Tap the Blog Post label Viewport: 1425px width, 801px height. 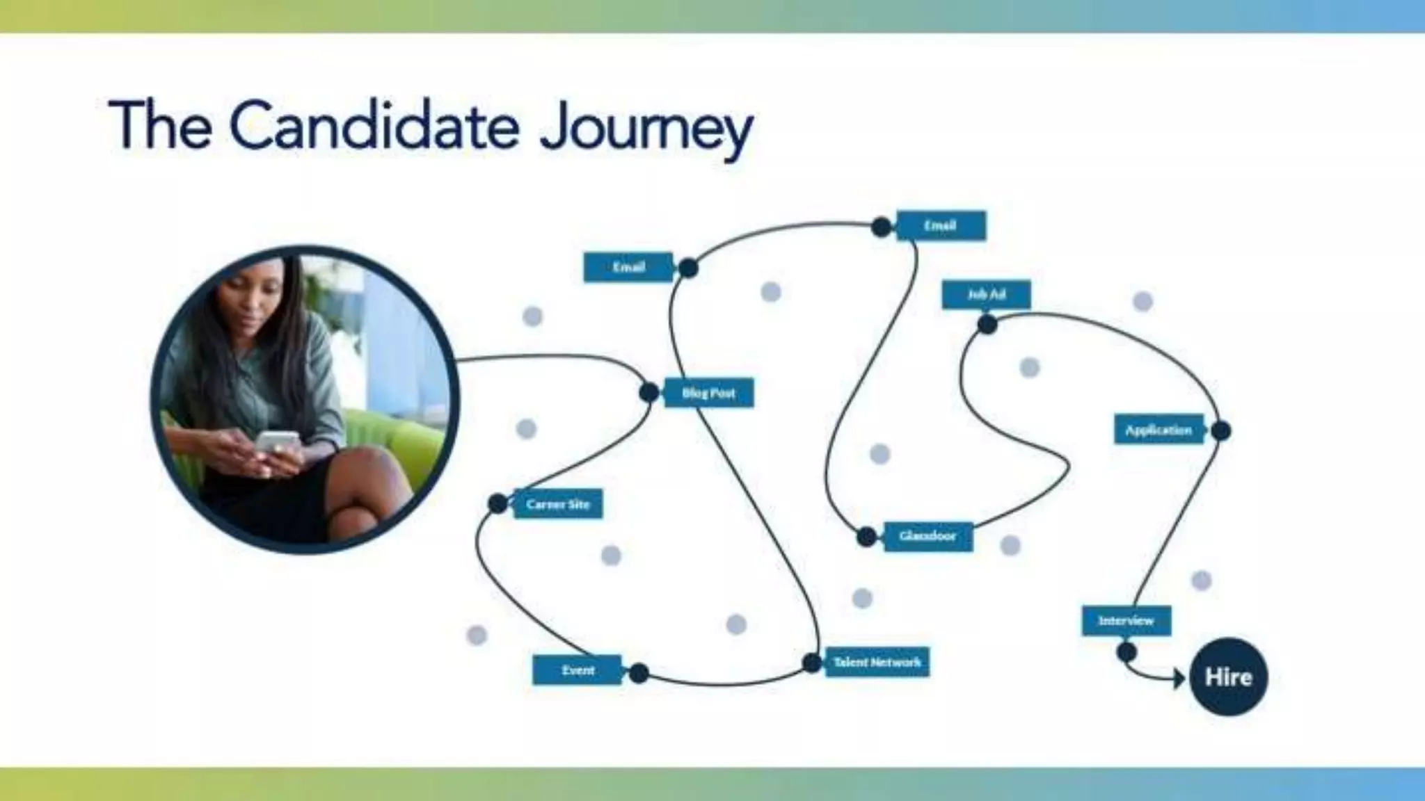[708, 393]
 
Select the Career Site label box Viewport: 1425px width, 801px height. [558, 504]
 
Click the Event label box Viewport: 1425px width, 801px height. [578, 670]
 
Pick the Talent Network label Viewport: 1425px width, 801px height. [877, 662]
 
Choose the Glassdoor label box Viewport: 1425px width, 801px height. [928, 536]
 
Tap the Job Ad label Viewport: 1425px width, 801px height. [986, 294]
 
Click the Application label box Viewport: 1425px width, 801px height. [1159, 430]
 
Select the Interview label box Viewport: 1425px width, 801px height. [1126, 620]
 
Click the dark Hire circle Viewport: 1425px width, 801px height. [1228, 677]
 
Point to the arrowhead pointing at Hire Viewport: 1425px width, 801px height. [1179, 678]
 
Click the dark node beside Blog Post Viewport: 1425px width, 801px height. [649, 393]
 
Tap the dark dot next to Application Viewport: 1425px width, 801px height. [1220, 431]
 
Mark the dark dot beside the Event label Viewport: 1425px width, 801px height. [639, 672]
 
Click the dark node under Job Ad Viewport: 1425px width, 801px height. [987, 324]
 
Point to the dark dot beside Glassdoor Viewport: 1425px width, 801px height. [866, 537]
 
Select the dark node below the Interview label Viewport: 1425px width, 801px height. [1127, 652]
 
